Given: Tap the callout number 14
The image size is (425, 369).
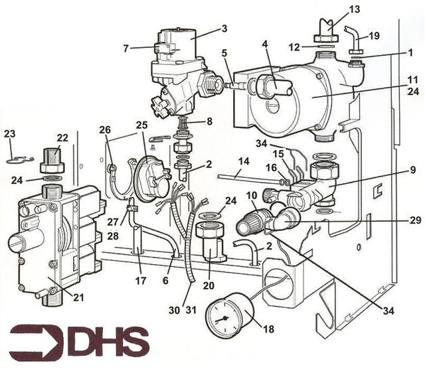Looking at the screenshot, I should (x=244, y=161).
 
